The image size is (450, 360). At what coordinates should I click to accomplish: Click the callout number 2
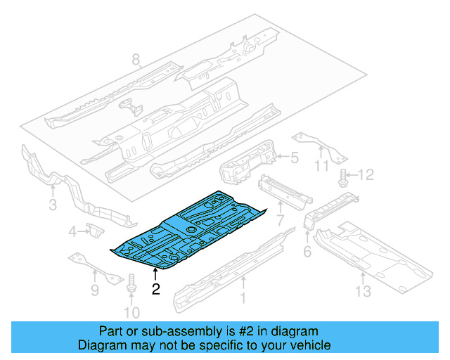pyautogui.click(x=156, y=288)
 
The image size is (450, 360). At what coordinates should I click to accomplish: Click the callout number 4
pyautogui.click(x=295, y=159)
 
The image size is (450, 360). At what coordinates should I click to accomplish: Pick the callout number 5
pyautogui.click(x=307, y=252)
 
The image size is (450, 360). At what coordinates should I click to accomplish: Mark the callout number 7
pyautogui.click(x=94, y=289)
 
